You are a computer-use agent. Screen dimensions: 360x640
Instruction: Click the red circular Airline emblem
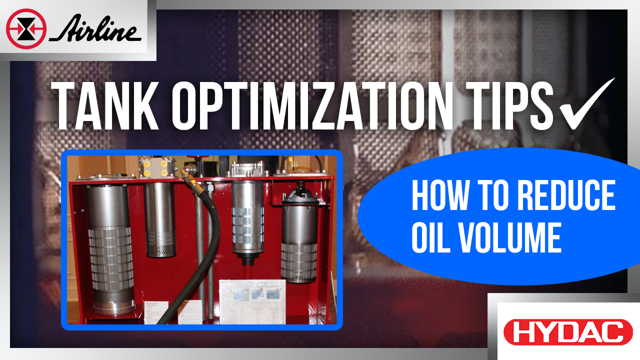coord(26,29)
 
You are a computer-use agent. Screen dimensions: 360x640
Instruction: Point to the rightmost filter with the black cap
coord(299,240)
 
